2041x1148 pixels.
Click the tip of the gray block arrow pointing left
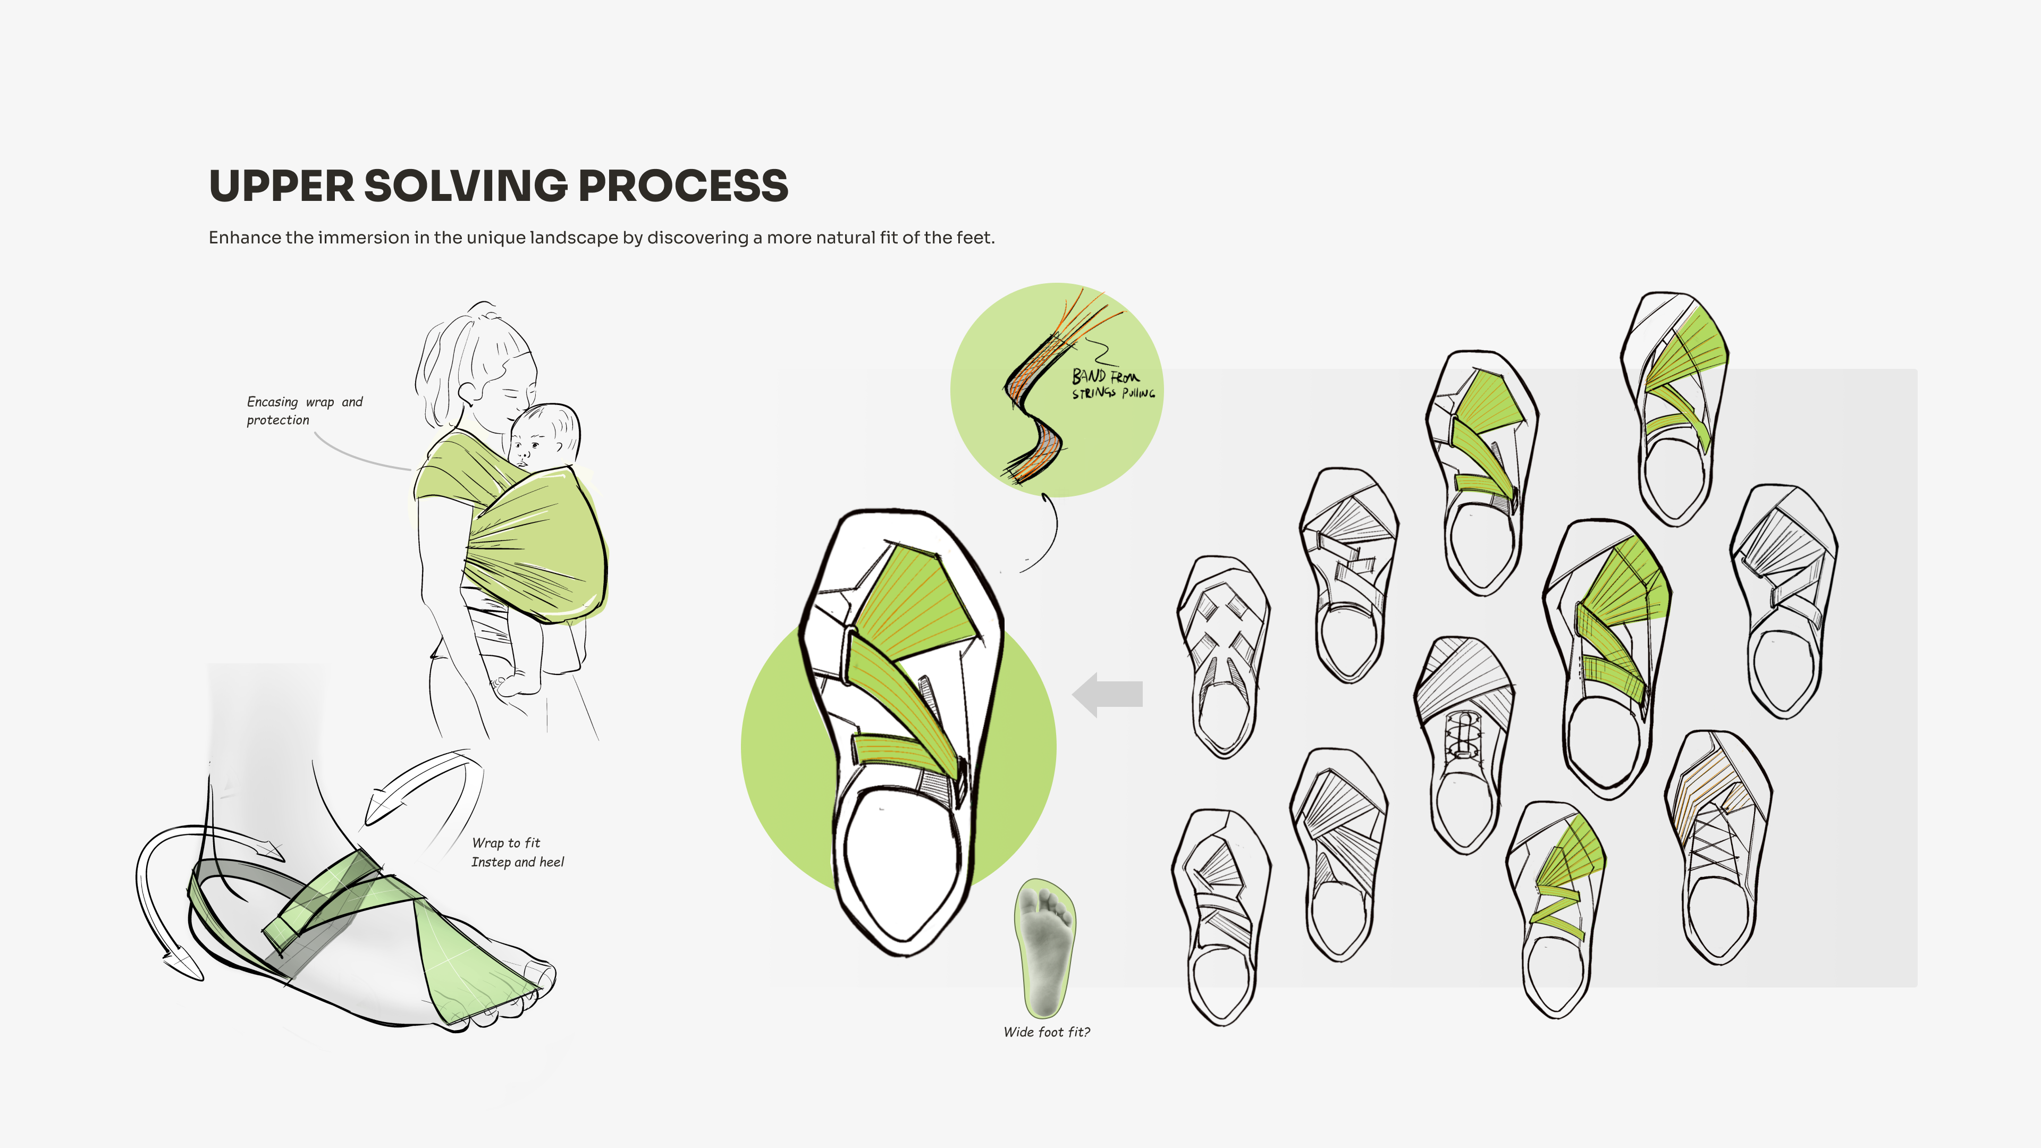(1073, 695)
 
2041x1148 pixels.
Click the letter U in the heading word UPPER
(226, 186)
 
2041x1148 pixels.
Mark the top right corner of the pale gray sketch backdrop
(1917, 369)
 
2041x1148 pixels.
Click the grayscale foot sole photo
(1045, 948)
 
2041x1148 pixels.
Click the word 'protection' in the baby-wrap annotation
(277, 420)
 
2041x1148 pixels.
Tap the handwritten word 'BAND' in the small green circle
(1089, 376)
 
